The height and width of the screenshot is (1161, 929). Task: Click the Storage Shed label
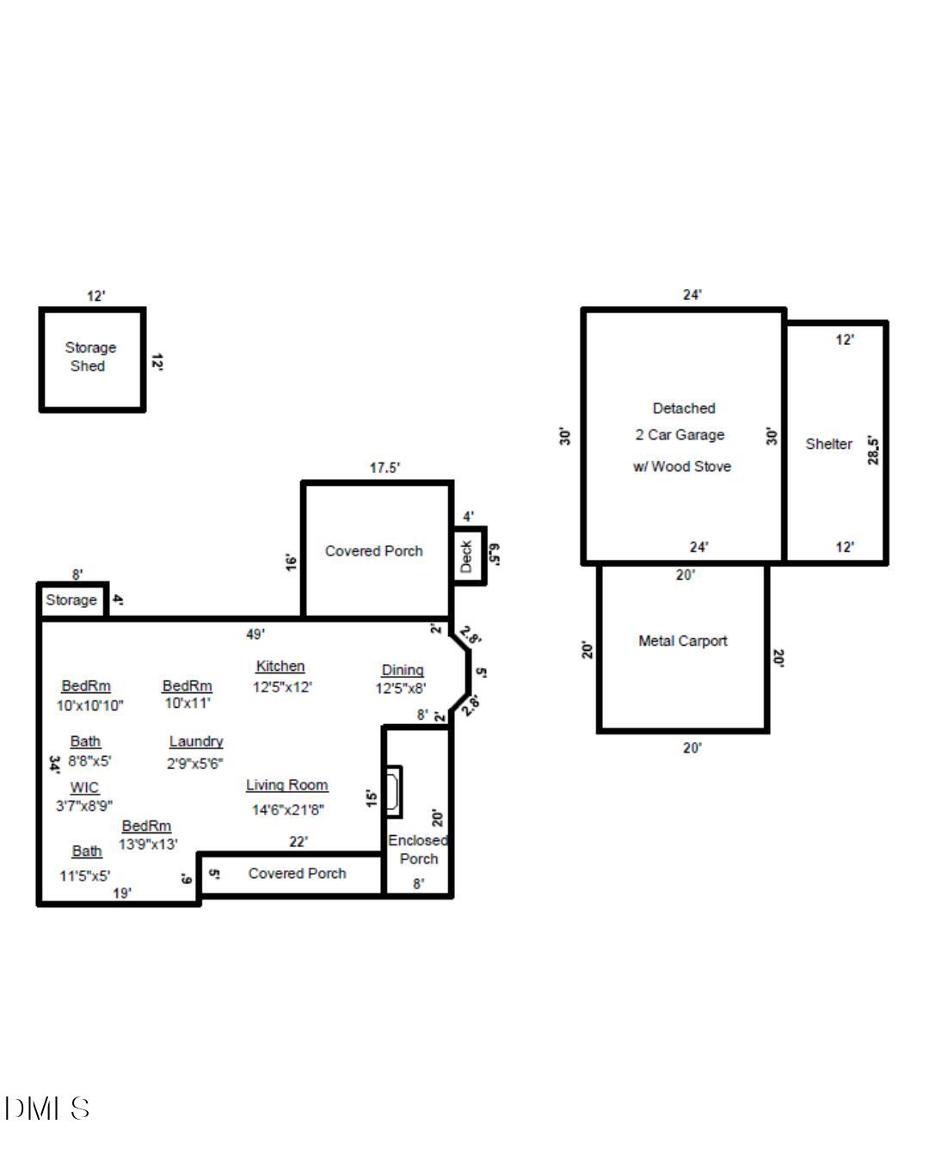tap(90, 357)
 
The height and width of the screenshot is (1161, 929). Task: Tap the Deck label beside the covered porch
tap(466, 556)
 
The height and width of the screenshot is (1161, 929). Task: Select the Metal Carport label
tap(682, 641)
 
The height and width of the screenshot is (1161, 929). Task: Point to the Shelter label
tap(828, 444)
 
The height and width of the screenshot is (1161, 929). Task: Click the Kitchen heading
tap(280, 666)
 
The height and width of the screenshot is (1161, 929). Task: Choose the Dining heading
tap(403, 670)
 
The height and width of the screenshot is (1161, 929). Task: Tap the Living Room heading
tap(286, 785)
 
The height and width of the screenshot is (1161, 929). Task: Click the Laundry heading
tap(196, 741)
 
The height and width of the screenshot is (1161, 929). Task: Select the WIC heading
tap(84, 788)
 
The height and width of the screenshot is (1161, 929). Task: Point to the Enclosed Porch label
tap(418, 850)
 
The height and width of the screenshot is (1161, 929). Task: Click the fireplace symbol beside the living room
tap(392, 791)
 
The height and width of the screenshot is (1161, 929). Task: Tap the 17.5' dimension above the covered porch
tap(385, 468)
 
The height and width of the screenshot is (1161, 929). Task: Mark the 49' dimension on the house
tap(255, 635)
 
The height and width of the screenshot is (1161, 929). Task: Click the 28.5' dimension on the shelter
tap(874, 451)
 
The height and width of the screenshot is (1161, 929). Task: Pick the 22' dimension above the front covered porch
tap(298, 842)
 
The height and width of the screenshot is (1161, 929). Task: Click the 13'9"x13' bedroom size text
tap(148, 845)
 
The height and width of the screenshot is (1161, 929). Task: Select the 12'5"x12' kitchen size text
tap(282, 687)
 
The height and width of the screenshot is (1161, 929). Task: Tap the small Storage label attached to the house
tap(71, 600)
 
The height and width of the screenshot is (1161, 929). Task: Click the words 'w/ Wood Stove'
tap(682, 467)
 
